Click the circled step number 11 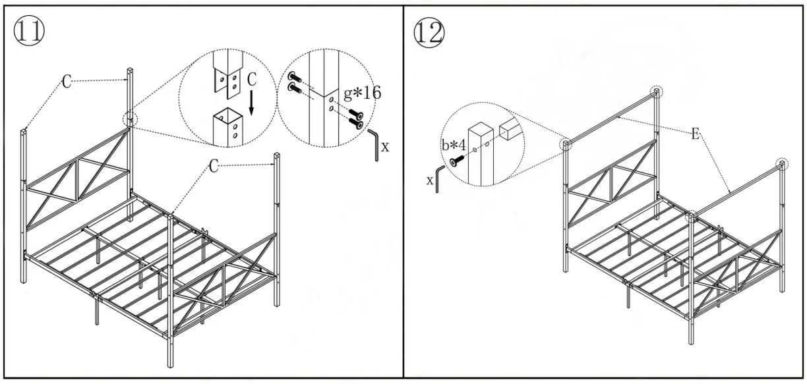tap(29, 31)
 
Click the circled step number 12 tap(429, 32)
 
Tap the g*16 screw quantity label tap(362, 92)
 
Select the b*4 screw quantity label tap(454, 144)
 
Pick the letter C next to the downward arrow tap(251, 79)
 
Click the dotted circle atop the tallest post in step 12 tap(657, 92)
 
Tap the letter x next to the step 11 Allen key tap(385, 147)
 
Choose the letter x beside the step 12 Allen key tap(430, 180)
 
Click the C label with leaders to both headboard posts tap(67, 80)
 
